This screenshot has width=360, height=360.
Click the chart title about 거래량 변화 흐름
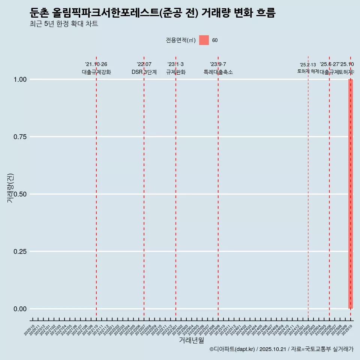(153, 13)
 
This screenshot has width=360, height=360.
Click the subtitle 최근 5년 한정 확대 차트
(64, 24)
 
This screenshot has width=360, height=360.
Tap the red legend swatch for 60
(204, 40)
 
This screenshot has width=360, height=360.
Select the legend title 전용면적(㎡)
(180, 40)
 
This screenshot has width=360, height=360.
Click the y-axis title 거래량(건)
(10, 188)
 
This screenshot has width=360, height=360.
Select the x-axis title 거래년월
(191, 340)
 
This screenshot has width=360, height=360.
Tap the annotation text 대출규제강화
(96, 72)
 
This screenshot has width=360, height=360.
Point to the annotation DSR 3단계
(144, 72)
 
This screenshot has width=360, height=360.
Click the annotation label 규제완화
(176, 72)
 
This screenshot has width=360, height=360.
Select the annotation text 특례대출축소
(218, 72)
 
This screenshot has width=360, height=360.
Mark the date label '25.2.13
(308, 65)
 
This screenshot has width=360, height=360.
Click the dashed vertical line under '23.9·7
(218, 187)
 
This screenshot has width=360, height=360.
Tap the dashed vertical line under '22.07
(144, 187)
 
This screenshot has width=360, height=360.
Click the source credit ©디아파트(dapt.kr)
(232, 349)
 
